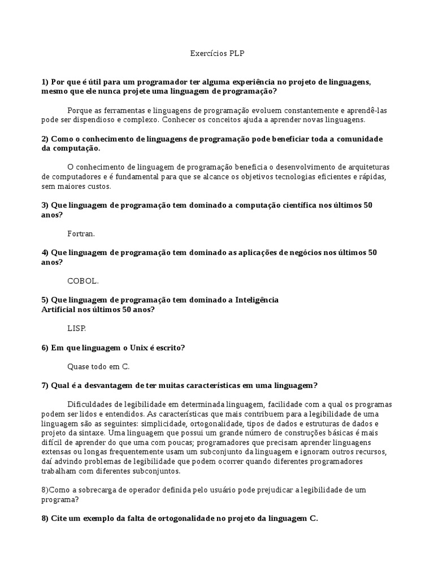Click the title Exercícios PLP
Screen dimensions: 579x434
pyautogui.click(x=217, y=54)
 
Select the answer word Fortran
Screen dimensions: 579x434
pyautogui.click(x=81, y=233)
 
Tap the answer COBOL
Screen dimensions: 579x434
pyautogui.click(x=83, y=280)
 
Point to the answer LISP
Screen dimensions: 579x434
pyautogui.click(x=76, y=328)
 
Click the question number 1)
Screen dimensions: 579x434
pyautogui.click(x=45, y=82)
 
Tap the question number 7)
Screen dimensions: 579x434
pyautogui.click(x=45, y=386)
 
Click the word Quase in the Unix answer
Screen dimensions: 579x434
pyautogui.click(x=79, y=366)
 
